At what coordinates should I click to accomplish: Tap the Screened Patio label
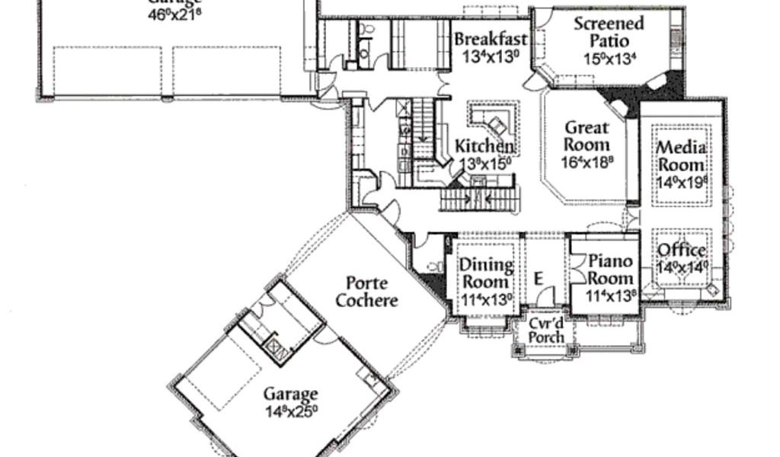tap(609, 31)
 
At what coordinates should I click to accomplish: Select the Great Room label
tap(587, 136)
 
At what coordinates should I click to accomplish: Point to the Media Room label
tap(682, 155)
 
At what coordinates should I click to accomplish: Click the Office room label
tap(682, 251)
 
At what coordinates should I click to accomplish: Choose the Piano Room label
tap(611, 270)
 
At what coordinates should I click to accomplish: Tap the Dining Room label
tap(487, 273)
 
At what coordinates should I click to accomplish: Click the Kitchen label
tap(484, 145)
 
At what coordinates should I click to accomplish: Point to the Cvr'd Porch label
tap(547, 329)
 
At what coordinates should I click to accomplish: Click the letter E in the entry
tap(539, 278)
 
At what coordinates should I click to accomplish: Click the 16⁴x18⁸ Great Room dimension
tap(588, 161)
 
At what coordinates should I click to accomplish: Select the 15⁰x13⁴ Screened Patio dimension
tap(609, 59)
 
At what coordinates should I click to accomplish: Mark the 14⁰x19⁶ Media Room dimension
tap(682, 183)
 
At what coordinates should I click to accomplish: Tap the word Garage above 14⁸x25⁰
tap(290, 395)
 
